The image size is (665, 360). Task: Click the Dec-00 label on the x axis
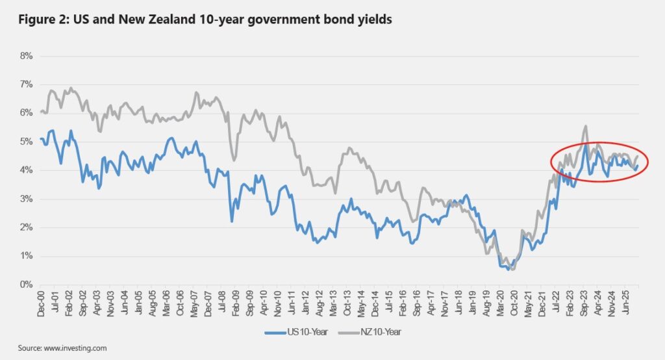point(40,302)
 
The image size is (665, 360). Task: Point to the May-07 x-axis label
point(194,302)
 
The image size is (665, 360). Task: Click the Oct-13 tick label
point(347,302)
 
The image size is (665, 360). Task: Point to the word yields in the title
point(375,20)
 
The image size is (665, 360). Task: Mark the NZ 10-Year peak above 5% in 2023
point(586,126)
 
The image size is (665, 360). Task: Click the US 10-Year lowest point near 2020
point(508,268)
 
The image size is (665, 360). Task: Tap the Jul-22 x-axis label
point(556,302)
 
